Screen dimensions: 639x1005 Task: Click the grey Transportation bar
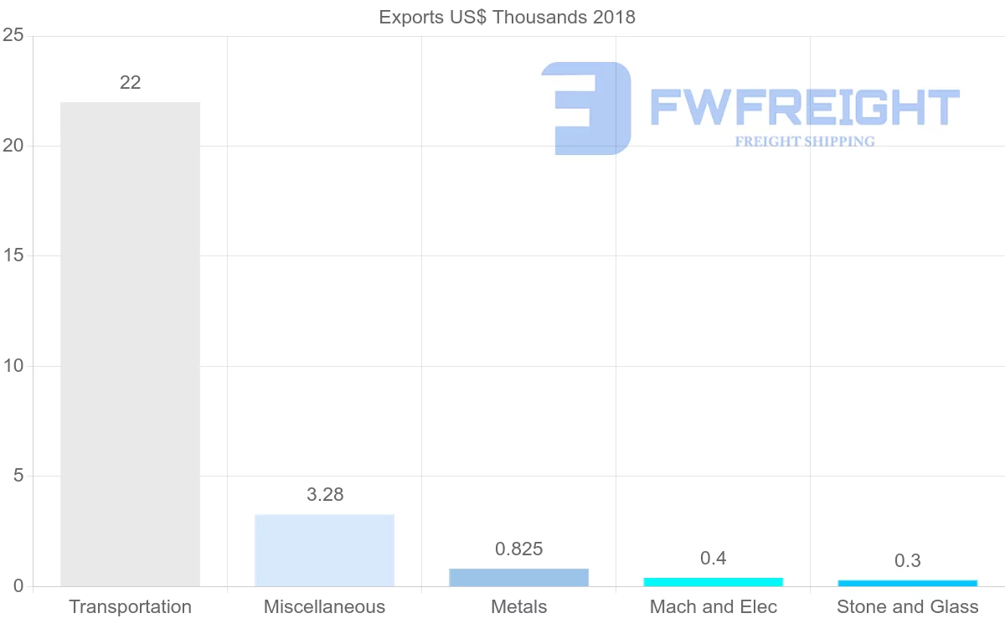130,343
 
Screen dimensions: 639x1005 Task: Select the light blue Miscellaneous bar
324,549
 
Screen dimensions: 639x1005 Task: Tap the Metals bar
518,577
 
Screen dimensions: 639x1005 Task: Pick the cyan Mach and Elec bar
713,581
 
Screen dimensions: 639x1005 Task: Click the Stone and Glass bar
907,583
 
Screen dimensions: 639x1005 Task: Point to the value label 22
130,82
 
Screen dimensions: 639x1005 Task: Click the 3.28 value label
325,494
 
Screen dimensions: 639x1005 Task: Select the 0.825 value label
519,549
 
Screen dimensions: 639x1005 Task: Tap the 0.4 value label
713,558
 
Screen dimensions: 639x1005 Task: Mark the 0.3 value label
907,560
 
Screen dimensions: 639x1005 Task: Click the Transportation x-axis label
130,606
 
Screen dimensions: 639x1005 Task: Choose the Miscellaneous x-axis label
324,606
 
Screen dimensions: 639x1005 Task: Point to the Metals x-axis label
518,606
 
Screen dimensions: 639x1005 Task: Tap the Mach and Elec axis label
713,606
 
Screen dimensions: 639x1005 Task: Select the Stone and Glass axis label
907,606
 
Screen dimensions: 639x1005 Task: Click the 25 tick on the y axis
13,35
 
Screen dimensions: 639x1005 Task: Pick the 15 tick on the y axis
13,255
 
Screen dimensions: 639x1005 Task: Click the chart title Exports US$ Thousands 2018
508,17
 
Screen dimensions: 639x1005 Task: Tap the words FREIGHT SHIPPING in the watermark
805,142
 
